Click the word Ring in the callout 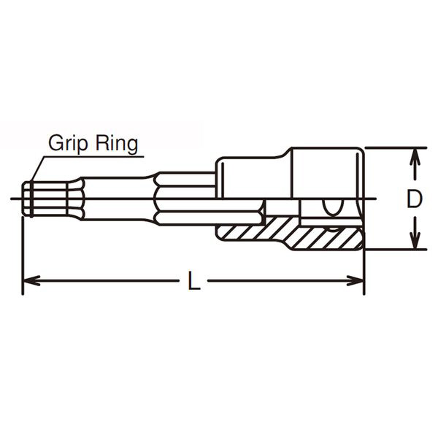(117, 144)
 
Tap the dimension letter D (414, 199)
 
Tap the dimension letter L (194, 280)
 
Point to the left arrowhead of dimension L (31, 280)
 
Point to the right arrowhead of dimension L (355, 280)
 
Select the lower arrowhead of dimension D (415, 239)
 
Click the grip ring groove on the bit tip (31, 199)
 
